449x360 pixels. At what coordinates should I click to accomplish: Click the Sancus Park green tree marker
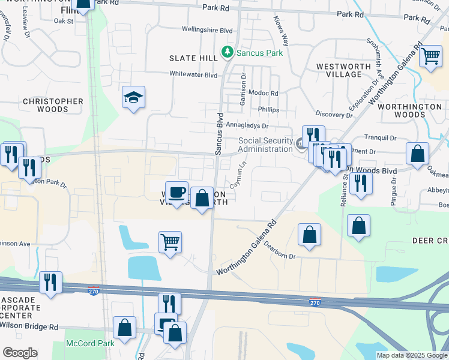(x=228, y=52)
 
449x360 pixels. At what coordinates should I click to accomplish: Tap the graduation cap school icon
(x=134, y=97)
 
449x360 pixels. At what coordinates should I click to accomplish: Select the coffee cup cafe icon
(x=176, y=192)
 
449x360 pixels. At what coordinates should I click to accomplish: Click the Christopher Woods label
(x=53, y=106)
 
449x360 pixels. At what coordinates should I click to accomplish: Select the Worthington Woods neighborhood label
(x=411, y=110)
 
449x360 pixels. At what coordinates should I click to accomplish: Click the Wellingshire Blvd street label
(x=208, y=29)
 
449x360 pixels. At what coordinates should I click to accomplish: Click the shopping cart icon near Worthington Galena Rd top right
(x=431, y=56)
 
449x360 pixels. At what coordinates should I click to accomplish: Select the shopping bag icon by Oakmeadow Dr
(x=417, y=154)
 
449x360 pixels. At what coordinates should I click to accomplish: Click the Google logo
(x=20, y=353)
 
